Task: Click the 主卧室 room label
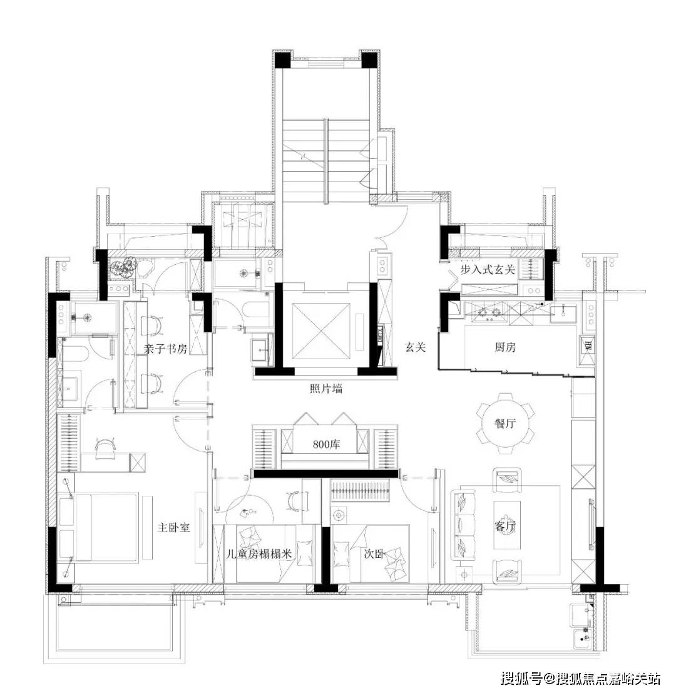coord(173,527)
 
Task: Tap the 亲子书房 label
coord(166,349)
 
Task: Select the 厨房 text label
coord(505,347)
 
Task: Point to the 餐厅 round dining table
coord(505,423)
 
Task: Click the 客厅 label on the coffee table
coord(506,526)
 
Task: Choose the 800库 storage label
coord(327,444)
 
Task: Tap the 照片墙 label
coord(326,389)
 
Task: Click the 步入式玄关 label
coord(488,269)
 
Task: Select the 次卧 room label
coord(374,553)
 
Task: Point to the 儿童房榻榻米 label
coord(259,553)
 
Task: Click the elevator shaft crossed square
coord(322,331)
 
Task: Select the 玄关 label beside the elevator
coord(416,347)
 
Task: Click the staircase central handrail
coord(326,162)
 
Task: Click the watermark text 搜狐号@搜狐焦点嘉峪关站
coord(581,678)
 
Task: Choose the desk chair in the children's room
coord(295,500)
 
